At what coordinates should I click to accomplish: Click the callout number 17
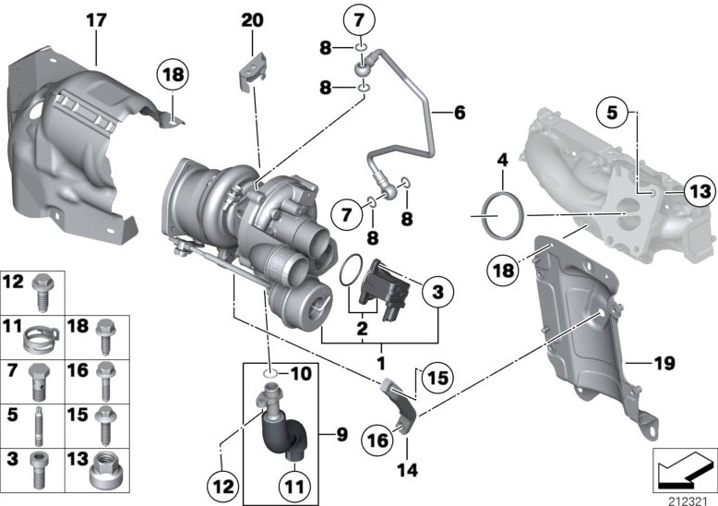[96, 19]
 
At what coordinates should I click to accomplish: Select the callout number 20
[252, 19]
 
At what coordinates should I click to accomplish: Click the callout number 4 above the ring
[502, 161]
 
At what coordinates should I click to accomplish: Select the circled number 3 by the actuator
[437, 292]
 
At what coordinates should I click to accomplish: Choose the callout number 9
[341, 432]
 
